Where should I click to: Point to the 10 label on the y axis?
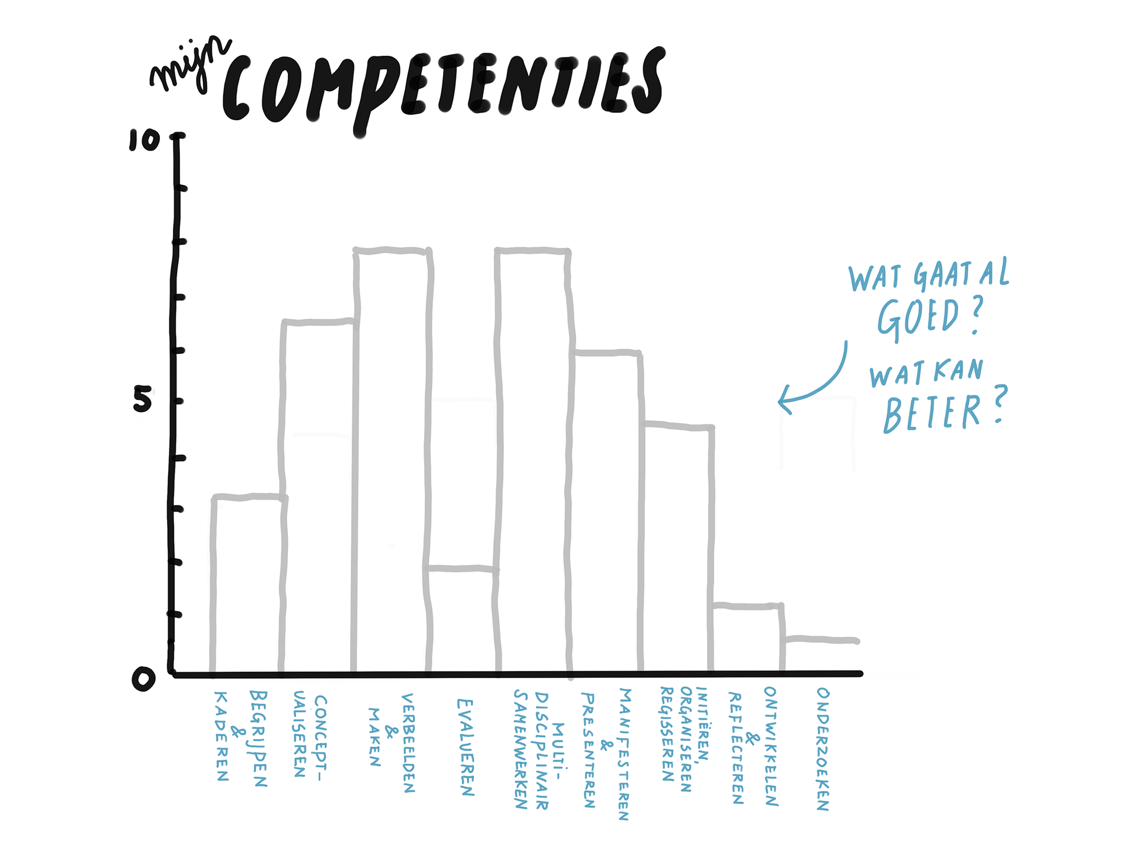pyautogui.click(x=144, y=140)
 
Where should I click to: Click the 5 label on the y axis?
pyautogui.click(x=142, y=399)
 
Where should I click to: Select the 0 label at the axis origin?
pyautogui.click(x=143, y=679)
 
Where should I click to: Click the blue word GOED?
pyautogui.click(x=918, y=317)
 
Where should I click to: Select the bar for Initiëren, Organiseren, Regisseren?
pyautogui.click(x=679, y=548)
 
